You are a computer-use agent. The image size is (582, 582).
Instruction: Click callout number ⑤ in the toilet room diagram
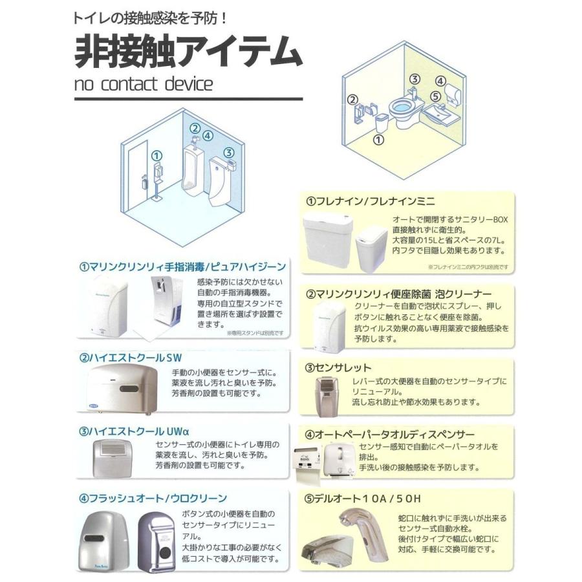pyautogui.click(x=436, y=96)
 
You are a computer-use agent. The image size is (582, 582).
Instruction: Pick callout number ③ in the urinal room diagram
pyautogui.click(x=229, y=153)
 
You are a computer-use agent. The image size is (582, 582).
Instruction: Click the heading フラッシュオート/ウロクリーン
pyautogui.click(x=153, y=498)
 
